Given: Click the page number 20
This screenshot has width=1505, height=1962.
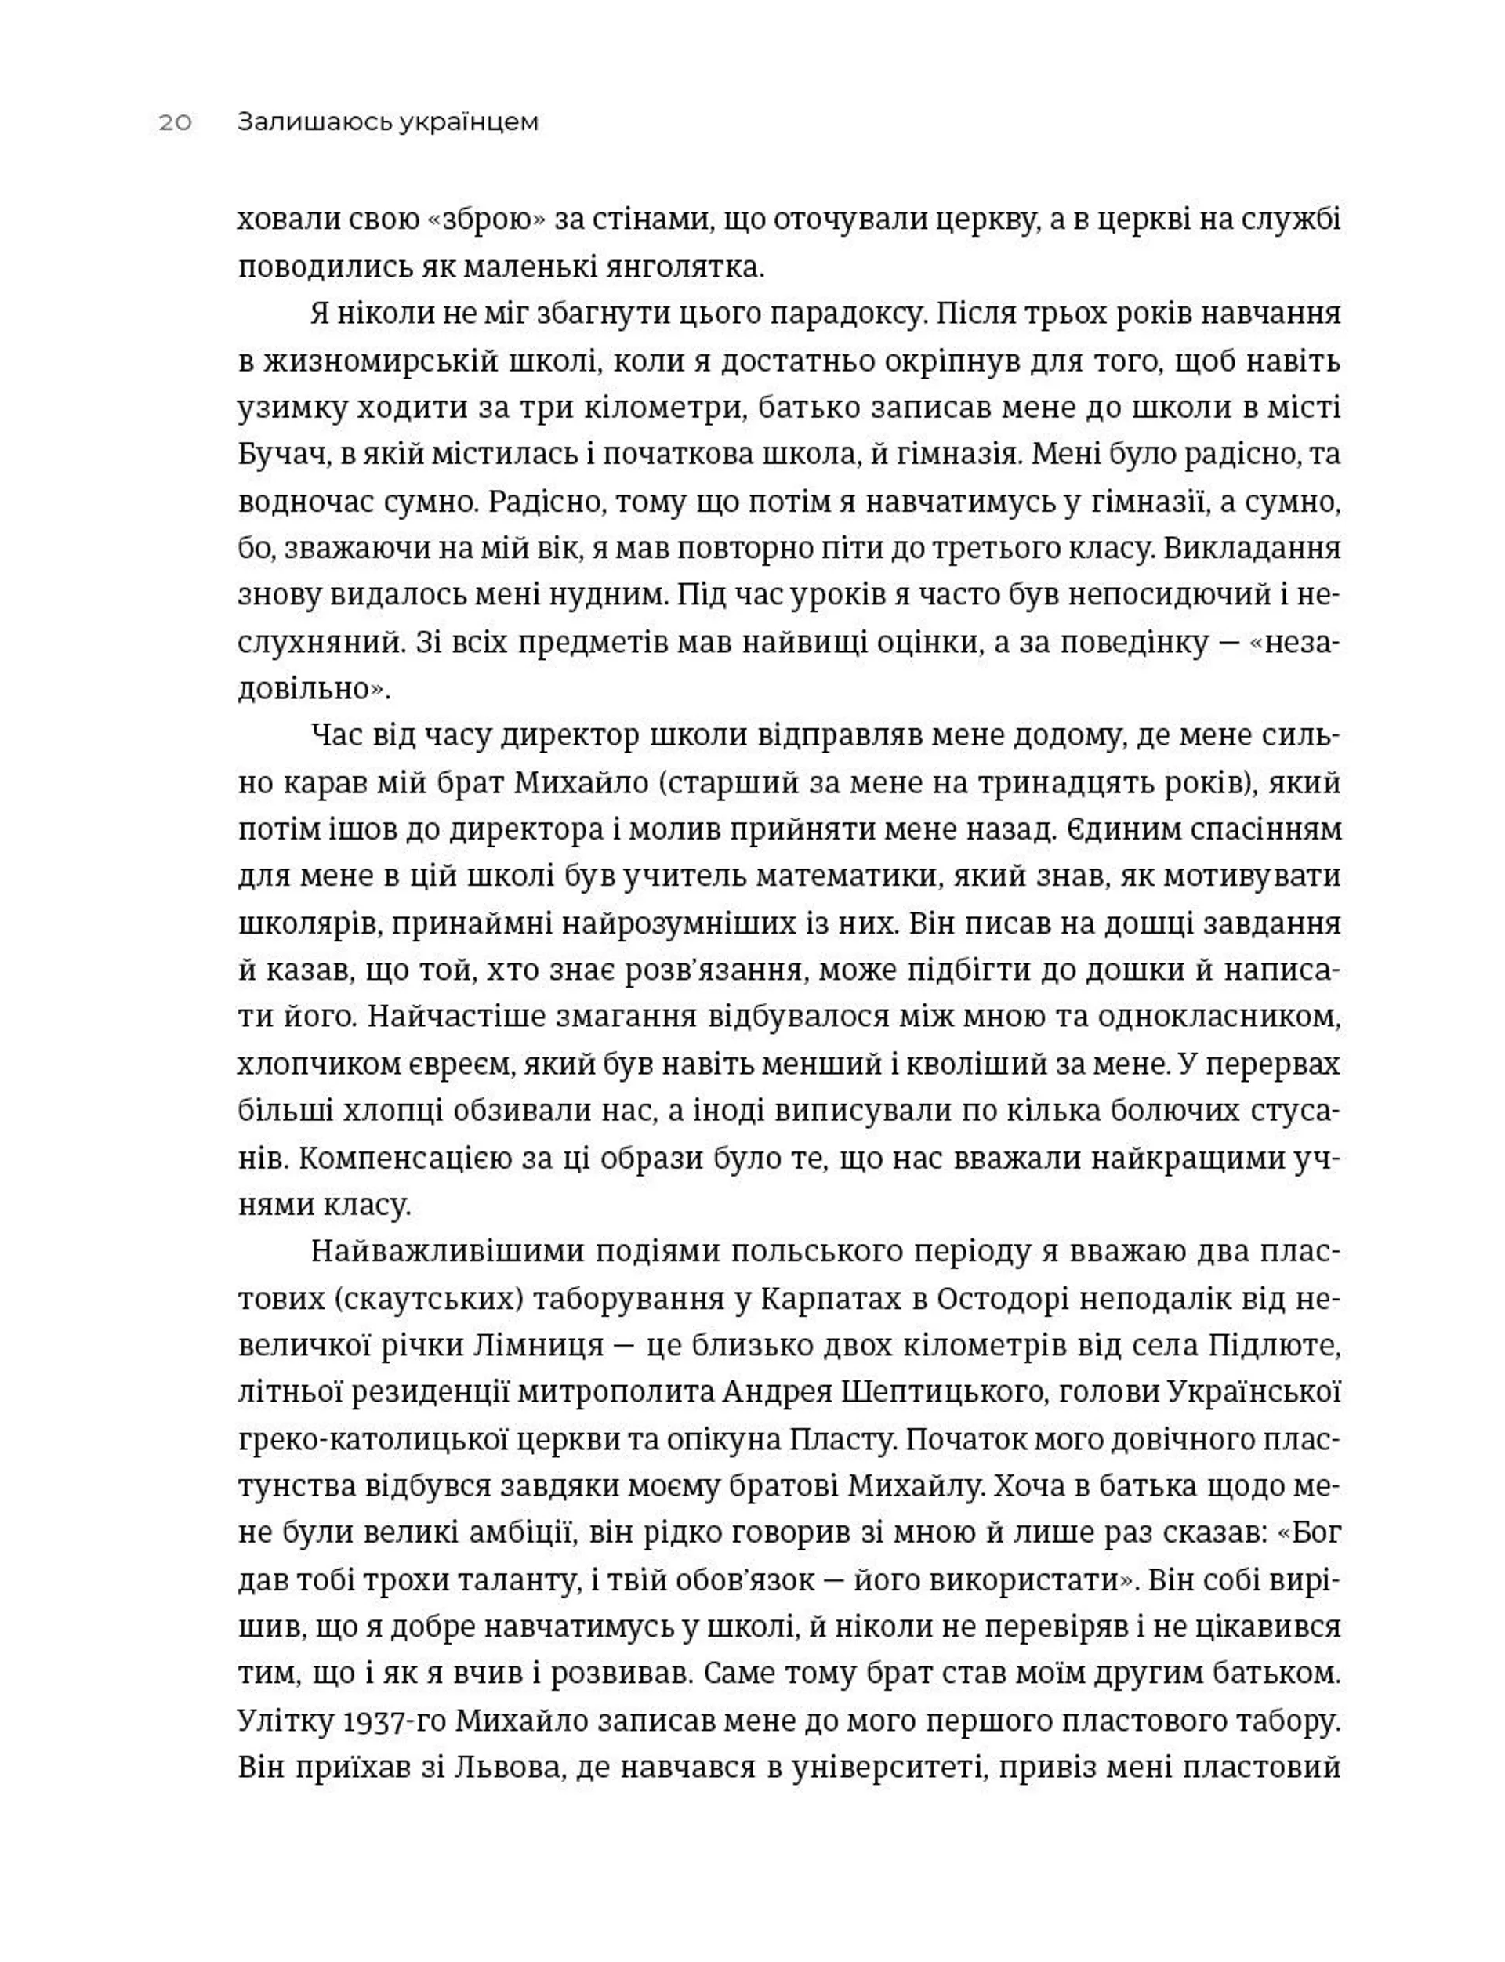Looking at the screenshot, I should click(176, 123).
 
